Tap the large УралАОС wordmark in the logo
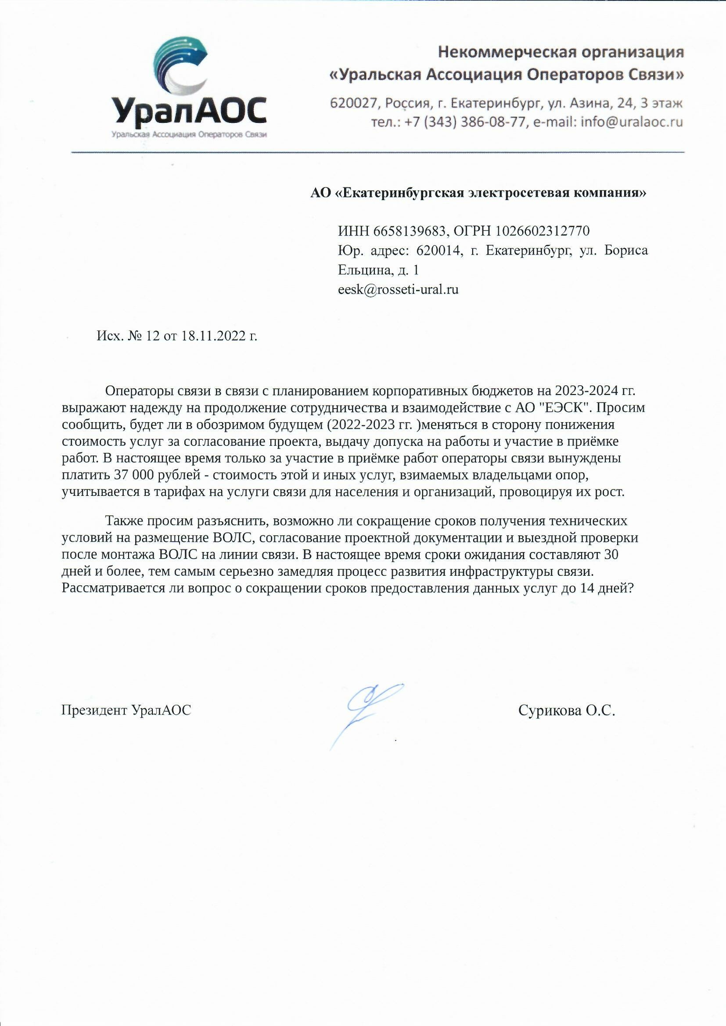(190, 111)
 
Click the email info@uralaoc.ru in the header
(632, 122)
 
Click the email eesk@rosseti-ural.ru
(398, 290)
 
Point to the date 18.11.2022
(213, 336)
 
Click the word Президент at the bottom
(95, 710)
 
